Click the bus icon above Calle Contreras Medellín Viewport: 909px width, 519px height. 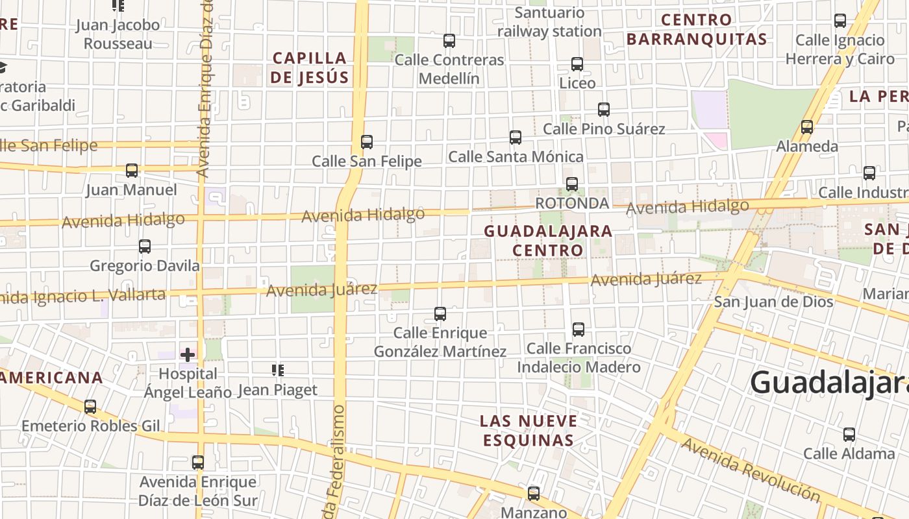pyautogui.click(x=449, y=41)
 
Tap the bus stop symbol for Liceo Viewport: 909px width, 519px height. pyautogui.click(x=577, y=64)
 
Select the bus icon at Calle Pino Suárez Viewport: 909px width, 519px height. pyautogui.click(x=603, y=110)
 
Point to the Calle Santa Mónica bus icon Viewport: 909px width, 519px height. pyautogui.click(x=515, y=138)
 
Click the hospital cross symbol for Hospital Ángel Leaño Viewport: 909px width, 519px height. pyautogui.click(x=188, y=355)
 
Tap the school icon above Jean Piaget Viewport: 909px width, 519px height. pyautogui.click(x=278, y=370)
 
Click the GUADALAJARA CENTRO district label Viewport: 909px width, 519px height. pyautogui.click(x=548, y=241)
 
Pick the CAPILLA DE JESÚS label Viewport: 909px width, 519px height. pyautogui.click(x=310, y=68)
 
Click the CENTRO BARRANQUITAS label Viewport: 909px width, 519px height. pyautogui.click(x=697, y=30)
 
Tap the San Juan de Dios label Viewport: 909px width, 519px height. pyautogui.click(x=773, y=302)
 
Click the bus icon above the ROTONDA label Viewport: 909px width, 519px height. pyautogui.click(x=571, y=184)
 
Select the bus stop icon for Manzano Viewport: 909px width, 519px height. pyautogui.click(x=533, y=494)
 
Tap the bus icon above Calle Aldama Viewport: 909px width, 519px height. pyautogui.click(x=849, y=435)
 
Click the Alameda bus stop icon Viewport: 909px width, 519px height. pyautogui.click(x=807, y=127)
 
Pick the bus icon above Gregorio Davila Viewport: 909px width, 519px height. pyautogui.click(x=145, y=247)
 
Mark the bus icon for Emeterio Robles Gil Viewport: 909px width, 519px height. pyautogui.click(x=90, y=407)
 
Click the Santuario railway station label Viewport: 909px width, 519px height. pyautogui.click(x=549, y=22)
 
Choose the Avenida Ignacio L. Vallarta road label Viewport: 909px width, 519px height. pyautogui.click(x=81, y=296)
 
